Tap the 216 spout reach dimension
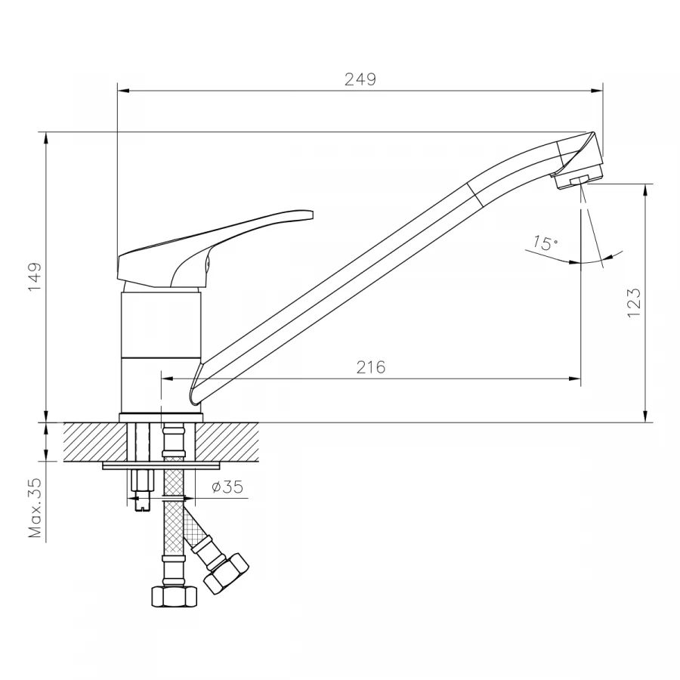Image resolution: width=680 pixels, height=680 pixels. tap(371, 367)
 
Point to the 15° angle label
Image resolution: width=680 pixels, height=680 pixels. tap(544, 243)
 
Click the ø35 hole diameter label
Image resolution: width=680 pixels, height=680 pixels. tap(227, 487)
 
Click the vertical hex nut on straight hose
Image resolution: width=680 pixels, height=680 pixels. tap(174, 595)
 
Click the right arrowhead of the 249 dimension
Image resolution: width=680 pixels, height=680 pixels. tap(598, 91)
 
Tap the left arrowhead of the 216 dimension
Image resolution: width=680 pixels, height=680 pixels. tap(168, 379)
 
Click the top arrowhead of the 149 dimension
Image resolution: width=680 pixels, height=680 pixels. tap(47, 138)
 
